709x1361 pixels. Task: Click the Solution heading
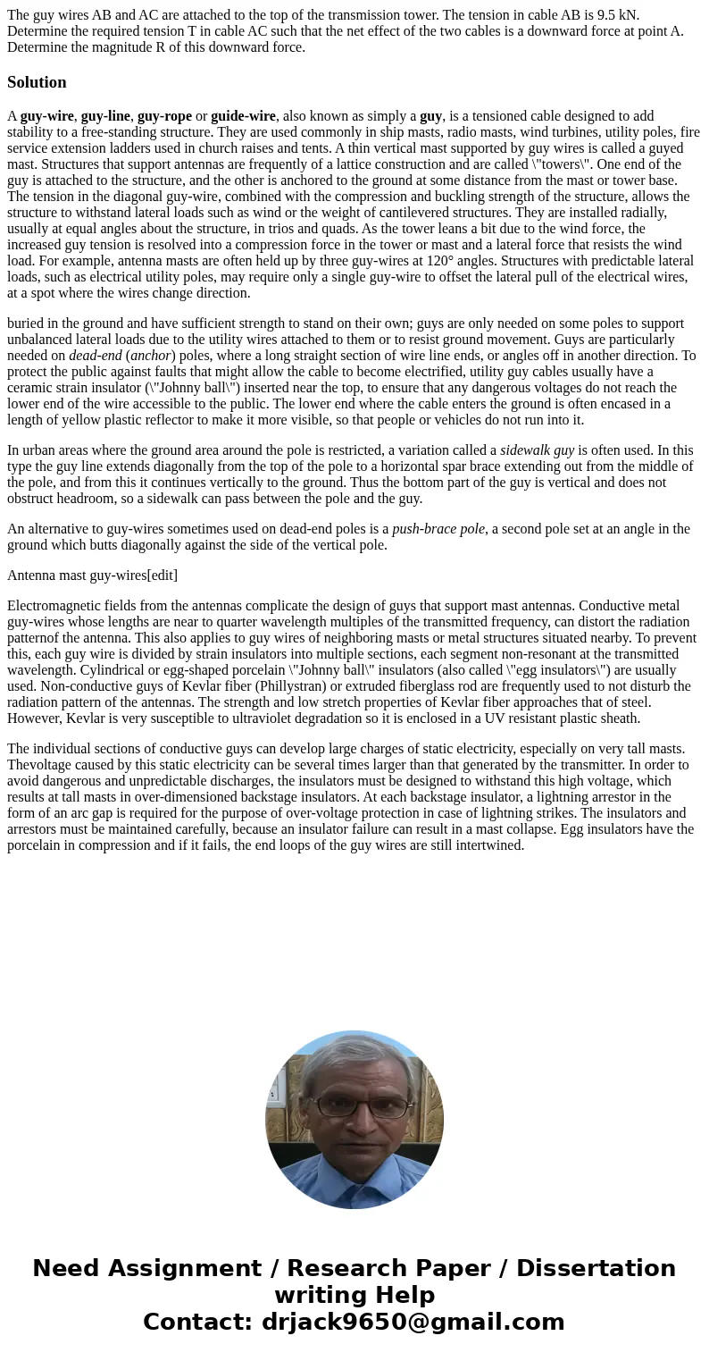(x=37, y=82)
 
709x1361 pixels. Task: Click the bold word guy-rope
(x=164, y=116)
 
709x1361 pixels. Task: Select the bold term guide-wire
(x=243, y=116)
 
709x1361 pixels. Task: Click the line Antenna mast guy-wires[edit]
(x=92, y=575)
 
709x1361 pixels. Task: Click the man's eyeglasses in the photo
(x=354, y=1105)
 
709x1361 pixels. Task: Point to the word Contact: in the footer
(x=197, y=1322)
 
